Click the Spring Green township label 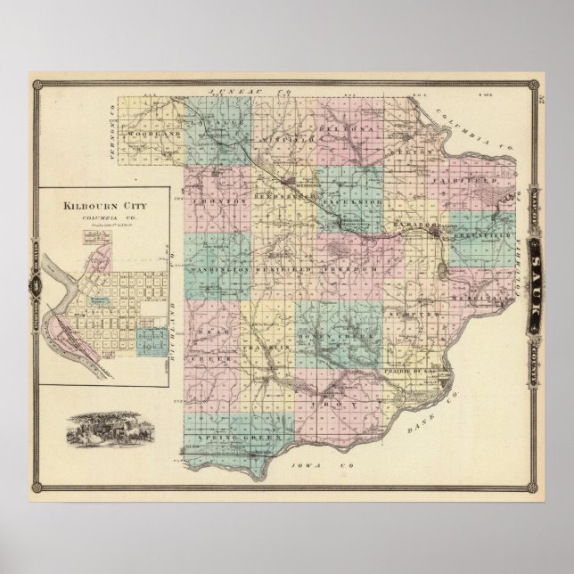tap(234, 439)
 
